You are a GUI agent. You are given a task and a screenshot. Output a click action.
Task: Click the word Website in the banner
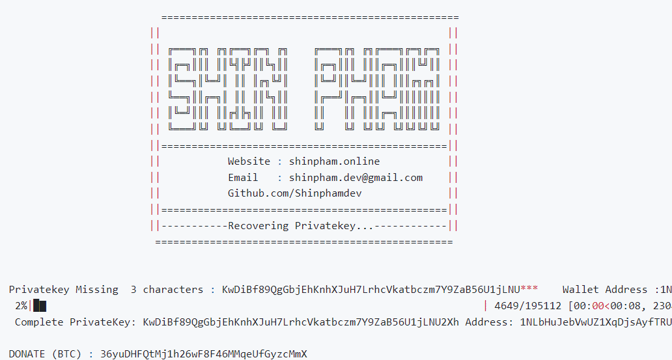point(249,161)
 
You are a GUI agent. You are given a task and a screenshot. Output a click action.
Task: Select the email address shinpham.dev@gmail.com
point(356,178)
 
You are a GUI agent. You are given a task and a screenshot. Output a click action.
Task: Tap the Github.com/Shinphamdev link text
point(295,193)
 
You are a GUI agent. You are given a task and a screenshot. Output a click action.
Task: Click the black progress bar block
point(40,305)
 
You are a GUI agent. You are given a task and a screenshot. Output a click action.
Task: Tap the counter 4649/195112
point(529,305)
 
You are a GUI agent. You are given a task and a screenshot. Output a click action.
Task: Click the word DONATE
point(28,354)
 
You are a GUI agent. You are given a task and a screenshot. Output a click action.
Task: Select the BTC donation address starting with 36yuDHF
point(203,354)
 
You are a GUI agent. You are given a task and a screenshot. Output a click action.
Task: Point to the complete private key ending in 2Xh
point(301,322)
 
